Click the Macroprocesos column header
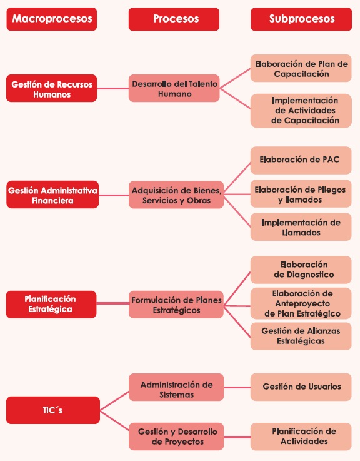[x=52, y=19]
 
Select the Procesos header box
[x=174, y=19]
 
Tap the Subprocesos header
[x=301, y=19]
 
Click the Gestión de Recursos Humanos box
[x=52, y=88]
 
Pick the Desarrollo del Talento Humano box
[x=174, y=88]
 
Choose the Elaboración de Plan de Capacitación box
[x=301, y=68]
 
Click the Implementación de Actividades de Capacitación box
[x=301, y=111]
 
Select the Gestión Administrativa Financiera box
[x=52, y=195]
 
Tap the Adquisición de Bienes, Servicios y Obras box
[x=176, y=195]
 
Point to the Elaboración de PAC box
[x=301, y=160]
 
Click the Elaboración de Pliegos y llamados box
[x=301, y=194]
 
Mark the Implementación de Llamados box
[x=301, y=227]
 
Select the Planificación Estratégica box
[x=51, y=304]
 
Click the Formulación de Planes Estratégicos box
[x=176, y=305]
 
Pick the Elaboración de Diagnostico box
[x=301, y=270]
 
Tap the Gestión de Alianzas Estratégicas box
[x=301, y=336]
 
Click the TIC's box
[x=53, y=410]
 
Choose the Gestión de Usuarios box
[x=301, y=387]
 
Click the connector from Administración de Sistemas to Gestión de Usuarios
[x=237, y=387]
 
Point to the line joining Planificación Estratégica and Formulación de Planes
[x=112, y=303]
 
